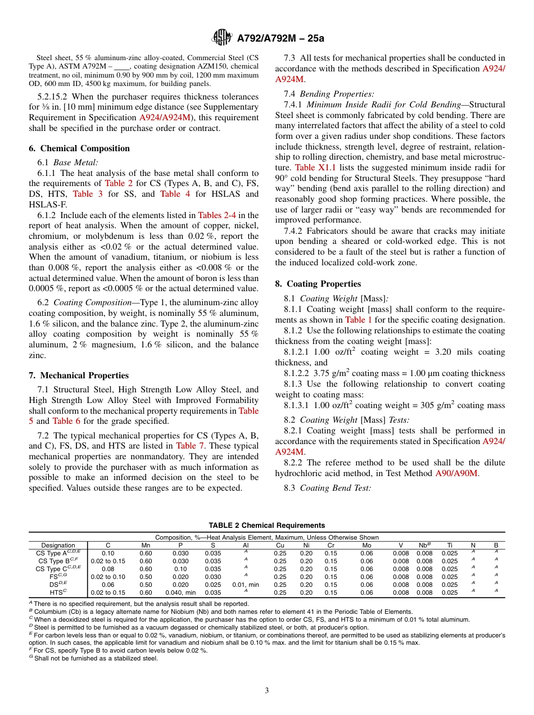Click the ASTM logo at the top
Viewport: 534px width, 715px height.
pos(223,38)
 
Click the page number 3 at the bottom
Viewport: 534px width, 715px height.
pos(267,690)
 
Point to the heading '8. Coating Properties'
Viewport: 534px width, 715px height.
pos(323,284)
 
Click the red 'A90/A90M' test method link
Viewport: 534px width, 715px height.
pos(456,473)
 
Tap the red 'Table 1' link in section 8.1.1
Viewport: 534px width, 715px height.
pos(358,320)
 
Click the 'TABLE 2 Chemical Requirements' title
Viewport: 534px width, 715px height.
pos(266,526)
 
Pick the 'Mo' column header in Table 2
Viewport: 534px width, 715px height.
pos(366,545)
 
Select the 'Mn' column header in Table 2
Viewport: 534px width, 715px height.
pos(146,545)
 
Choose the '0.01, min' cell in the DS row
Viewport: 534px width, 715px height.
pos(245,585)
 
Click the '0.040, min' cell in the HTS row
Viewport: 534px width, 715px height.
pos(180,592)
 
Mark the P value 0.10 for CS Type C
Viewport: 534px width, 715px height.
pos(180,569)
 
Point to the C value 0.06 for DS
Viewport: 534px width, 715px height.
pos(108,585)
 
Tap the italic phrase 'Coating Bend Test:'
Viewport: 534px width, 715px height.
pos(335,488)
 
